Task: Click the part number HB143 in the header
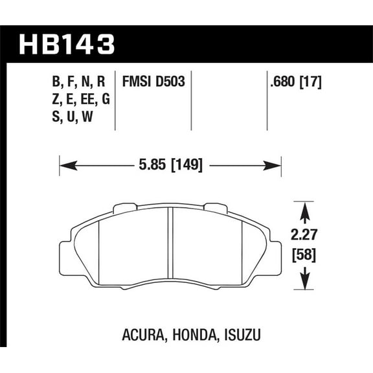click(67, 45)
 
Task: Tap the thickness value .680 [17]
click(295, 82)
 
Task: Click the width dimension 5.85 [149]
click(170, 166)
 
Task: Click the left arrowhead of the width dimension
click(63, 166)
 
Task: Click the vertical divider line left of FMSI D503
click(115, 97)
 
